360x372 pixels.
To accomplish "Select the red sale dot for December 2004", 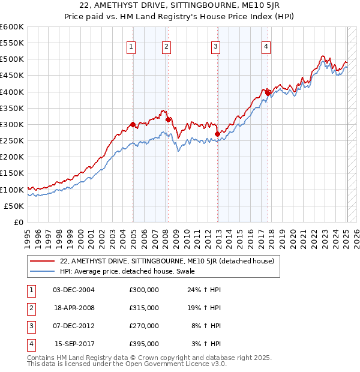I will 133,125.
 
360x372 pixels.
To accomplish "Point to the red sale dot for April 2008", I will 168,120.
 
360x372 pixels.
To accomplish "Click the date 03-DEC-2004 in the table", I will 74,290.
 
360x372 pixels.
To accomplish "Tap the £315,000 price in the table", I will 143,308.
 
